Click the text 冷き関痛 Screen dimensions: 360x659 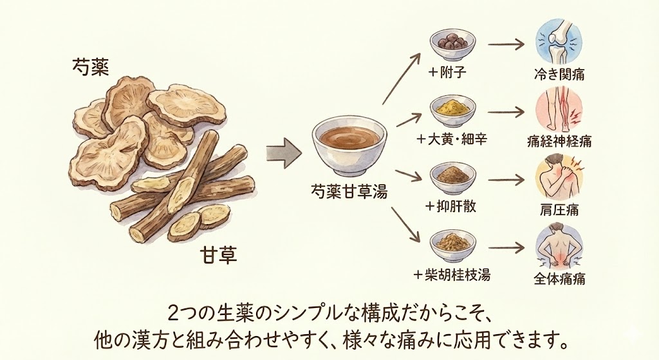559,73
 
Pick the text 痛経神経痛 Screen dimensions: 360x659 559,141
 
